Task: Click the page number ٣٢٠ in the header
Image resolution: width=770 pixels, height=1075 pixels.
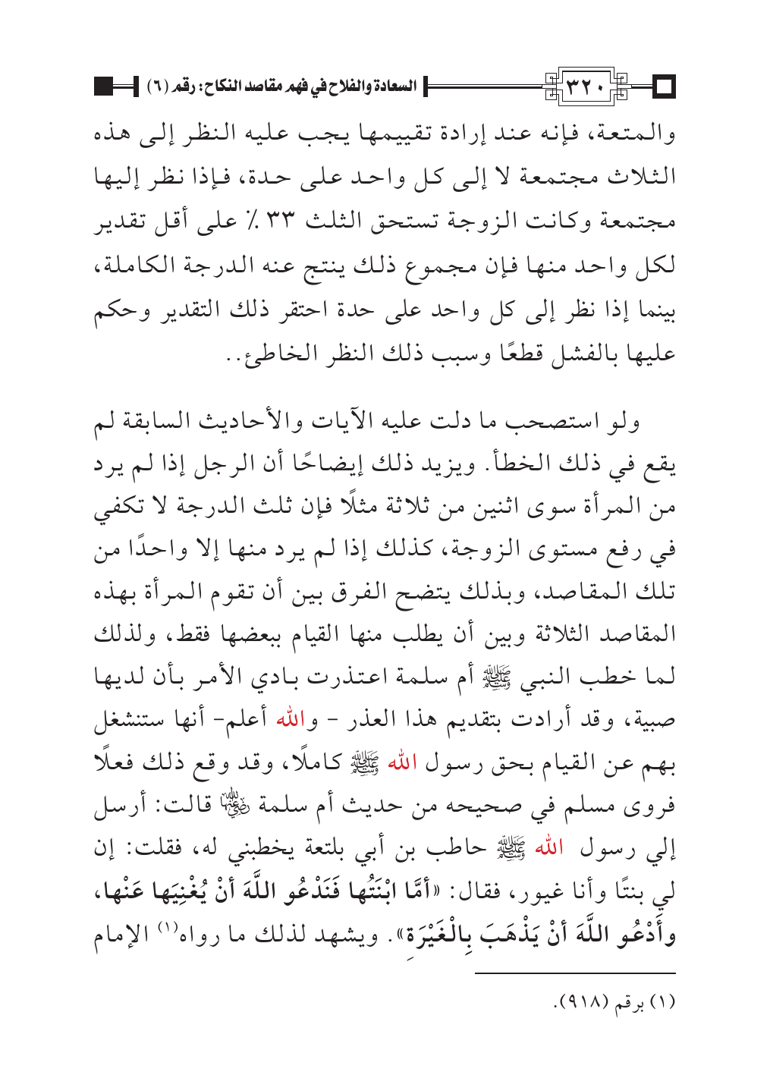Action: coord(588,88)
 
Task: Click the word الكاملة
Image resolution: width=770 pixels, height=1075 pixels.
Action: coord(127,266)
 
